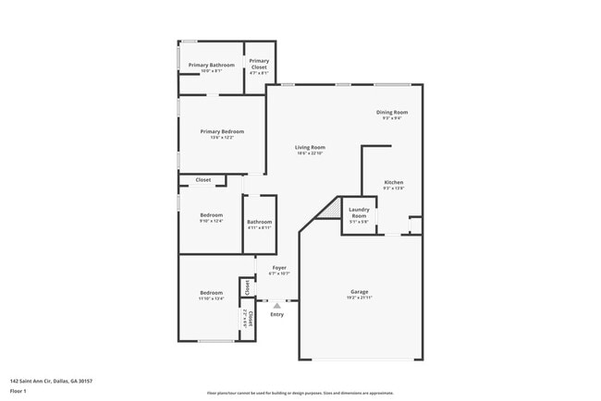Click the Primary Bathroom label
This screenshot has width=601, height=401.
tap(212, 65)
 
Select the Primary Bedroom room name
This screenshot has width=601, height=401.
tap(222, 132)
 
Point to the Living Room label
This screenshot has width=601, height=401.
tap(310, 147)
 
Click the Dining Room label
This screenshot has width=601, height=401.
tap(392, 112)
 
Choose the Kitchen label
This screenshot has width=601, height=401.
tap(394, 182)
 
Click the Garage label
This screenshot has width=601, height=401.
tap(359, 292)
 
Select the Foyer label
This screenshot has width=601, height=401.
tap(279, 268)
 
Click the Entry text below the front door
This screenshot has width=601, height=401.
tap(276, 315)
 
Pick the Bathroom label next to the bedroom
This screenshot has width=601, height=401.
tap(259, 222)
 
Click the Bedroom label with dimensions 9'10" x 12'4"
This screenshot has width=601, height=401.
tap(212, 215)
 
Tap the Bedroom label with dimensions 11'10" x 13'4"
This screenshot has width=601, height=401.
tap(211, 293)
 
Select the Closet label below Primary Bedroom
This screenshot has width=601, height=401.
tap(202, 179)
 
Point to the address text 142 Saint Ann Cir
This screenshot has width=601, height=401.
tap(51, 381)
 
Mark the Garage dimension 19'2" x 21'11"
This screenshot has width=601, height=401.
tap(359, 298)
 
